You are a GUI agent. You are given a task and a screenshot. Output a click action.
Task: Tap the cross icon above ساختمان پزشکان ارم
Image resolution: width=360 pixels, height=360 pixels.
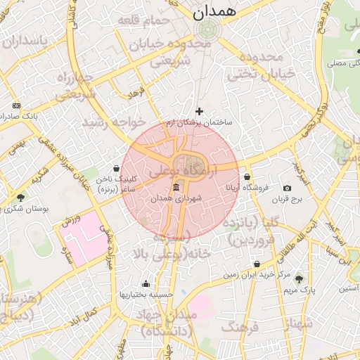[199, 111]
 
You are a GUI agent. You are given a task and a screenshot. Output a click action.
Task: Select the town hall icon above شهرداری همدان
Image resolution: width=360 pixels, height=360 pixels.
[176, 187]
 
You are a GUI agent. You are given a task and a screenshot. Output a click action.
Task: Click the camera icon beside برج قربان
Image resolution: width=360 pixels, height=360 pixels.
[287, 188]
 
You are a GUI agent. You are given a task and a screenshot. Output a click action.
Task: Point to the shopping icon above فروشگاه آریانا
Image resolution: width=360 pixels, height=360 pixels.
[247, 176]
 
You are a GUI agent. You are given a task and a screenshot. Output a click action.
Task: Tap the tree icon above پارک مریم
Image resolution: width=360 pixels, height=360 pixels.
[299, 278]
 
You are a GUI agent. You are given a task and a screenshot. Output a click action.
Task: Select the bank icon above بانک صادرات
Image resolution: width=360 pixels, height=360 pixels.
[16, 105]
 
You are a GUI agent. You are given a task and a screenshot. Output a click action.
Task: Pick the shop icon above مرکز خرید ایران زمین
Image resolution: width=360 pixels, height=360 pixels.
[257, 264]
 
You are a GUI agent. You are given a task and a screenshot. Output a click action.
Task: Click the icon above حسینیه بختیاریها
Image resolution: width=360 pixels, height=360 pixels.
[146, 283]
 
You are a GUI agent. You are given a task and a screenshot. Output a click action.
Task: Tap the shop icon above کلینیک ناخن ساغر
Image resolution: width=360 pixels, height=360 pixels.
[117, 168]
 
